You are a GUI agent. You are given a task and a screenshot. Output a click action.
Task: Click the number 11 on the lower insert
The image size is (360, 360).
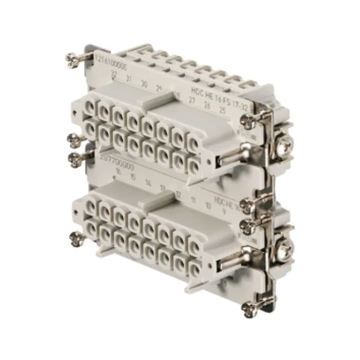click(x=193, y=199)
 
